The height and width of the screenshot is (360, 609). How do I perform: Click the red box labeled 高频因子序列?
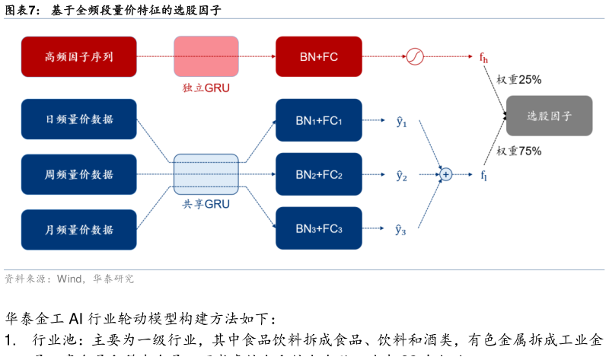tap(79, 56)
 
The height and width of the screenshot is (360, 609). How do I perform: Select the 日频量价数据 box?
tap(79, 119)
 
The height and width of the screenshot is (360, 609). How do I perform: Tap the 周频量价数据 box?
tap(79, 174)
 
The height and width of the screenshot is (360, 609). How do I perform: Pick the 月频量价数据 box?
tap(79, 230)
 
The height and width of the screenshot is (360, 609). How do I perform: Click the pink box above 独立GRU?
tap(206, 56)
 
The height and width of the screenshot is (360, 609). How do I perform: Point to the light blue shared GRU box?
tap(206, 174)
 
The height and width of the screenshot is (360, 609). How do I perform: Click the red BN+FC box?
tap(317, 56)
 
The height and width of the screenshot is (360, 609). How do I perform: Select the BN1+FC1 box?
tap(317, 120)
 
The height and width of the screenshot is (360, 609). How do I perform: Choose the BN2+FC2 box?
tap(317, 174)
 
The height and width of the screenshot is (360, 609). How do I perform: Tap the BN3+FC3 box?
tap(317, 228)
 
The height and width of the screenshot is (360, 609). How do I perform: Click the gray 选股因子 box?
tap(549, 116)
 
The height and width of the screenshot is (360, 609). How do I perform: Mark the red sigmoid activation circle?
tap(414, 56)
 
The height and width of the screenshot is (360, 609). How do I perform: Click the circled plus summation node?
tap(445, 174)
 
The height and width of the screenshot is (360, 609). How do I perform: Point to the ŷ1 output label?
tap(401, 121)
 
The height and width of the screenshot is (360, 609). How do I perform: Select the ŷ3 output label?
tap(401, 229)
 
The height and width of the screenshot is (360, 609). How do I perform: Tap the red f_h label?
tap(483, 57)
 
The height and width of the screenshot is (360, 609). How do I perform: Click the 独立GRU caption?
tap(206, 88)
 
